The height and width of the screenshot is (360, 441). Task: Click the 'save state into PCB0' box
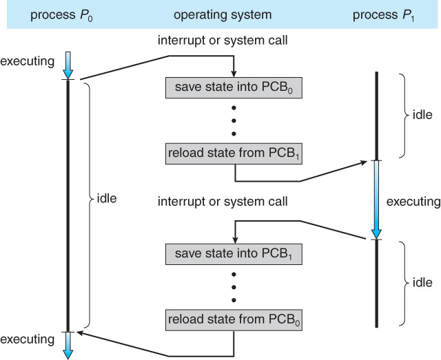pyautogui.click(x=234, y=87)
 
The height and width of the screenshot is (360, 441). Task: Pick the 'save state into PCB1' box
pyautogui.click(x=234, y=254)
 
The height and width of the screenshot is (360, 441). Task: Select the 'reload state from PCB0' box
pyautogui.click(x=234, y=319)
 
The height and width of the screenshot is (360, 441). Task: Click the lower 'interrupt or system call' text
pyautogui.click(x=223, y=202)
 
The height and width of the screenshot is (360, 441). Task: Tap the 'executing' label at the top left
pyautogui.click(x=27, y=61)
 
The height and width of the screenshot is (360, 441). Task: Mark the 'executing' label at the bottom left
pyautogui.click(x=27, y=339)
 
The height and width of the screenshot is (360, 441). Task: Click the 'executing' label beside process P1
pyautogui.click(x=413, y=202)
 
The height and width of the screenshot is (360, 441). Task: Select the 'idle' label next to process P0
pyautogui.click(x=107, y=200)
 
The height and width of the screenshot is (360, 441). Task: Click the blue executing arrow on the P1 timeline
pyautogui.click(x=376, y=200)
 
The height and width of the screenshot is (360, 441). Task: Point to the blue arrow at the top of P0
pyautogui.click(x=67, y=65)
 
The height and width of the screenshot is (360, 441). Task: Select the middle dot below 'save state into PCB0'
pyautogui.click(x=234, y=120)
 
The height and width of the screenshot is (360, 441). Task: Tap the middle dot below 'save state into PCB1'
pyautogui.click(x=234, y=286)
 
